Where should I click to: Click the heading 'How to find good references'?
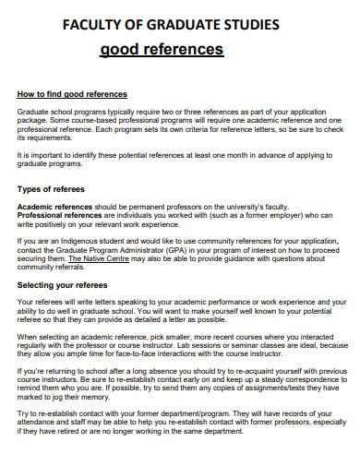[73, 94]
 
